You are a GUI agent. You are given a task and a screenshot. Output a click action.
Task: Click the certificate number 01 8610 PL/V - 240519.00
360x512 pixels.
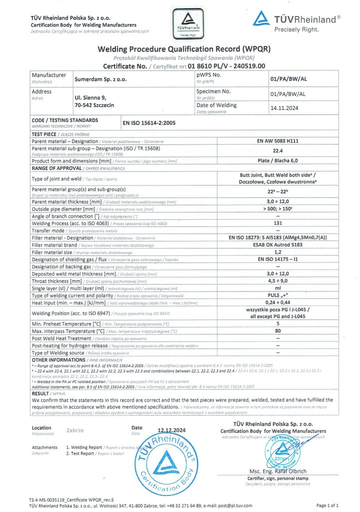(x=222, y=65)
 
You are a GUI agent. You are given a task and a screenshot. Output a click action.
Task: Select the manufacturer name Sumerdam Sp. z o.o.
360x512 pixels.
(x=93, y=79)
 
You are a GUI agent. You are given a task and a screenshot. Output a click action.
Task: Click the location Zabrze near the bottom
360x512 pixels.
(x=75, y=429)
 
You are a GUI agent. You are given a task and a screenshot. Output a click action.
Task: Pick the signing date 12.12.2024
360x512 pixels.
(x=171, y=430)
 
